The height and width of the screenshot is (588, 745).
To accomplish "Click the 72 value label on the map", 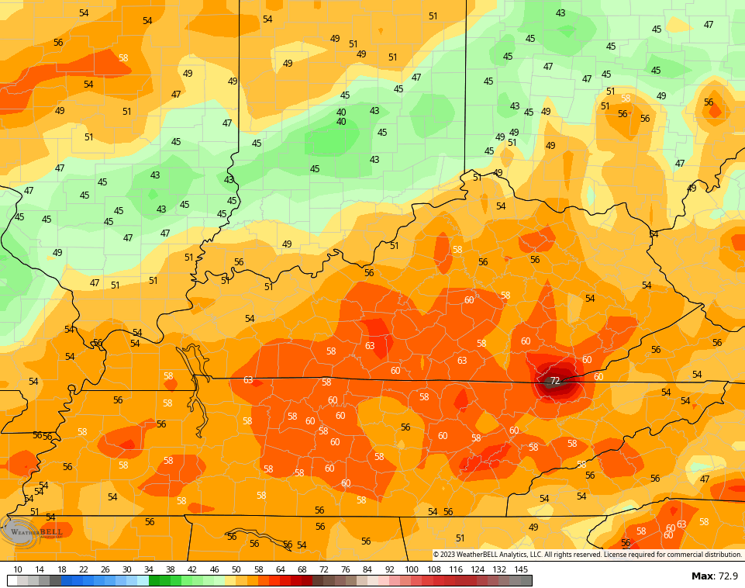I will click(555, 381).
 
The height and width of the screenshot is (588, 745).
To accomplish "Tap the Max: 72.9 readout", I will click(714, 576).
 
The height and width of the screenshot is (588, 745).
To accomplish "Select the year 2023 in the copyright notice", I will click(448, 555).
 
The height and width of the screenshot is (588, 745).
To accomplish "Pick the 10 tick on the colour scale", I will click(18, 569).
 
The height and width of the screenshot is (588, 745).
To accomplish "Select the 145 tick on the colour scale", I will click(521, 569).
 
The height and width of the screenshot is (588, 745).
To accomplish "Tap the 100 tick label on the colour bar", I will click(412, 569).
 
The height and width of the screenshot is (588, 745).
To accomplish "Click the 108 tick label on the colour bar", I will click(433, 569).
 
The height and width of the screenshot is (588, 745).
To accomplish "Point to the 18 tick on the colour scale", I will click(61, 569).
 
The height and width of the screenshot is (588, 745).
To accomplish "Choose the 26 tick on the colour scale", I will click(105, 569).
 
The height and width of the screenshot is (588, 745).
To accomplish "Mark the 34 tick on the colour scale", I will click(148, 569).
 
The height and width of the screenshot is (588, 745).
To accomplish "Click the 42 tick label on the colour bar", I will click(192, 569).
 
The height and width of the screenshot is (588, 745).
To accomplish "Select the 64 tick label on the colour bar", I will click(280, 569).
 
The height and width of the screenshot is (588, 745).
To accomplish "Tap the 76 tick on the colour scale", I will click(346, 569).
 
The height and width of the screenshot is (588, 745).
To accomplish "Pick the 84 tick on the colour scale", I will click(367, 569).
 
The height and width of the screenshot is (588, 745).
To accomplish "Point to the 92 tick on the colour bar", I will click(389, 569).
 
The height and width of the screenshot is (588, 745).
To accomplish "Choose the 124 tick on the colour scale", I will click(478, 569).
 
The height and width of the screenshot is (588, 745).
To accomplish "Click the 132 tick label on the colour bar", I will click(499, 569).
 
